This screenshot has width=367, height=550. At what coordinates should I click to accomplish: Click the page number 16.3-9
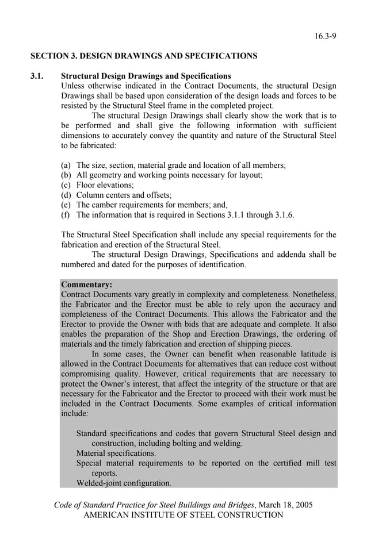pyautogui.click(x=325, y=36)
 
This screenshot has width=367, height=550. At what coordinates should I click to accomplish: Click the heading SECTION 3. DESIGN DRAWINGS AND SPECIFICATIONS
pyautogui.click(x=144, y=56)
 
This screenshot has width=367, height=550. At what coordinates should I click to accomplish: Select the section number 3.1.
pyautogui.click(x=38, y=76)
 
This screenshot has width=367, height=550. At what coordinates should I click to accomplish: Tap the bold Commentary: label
pyautogui.click(x=86, y=284)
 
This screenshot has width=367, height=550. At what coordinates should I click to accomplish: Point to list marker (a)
pyautogui.click(x=67, y=165)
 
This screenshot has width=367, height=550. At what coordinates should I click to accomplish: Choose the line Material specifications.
pyautogui.click(x=116, y=453)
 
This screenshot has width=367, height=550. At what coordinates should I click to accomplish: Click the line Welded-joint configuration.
pyautogui.click(x=124, y=483)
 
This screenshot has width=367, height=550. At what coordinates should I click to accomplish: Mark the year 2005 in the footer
pyautogui.click(x=303, y=505)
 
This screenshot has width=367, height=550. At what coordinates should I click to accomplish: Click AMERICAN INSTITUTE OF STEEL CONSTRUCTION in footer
pyautogui.click(x=183, y=515)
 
